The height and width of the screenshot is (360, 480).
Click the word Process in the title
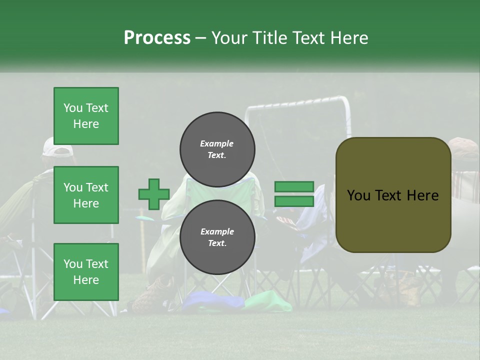point(157,38)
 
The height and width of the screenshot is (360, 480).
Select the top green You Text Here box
point(86,116)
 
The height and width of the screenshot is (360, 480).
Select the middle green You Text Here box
point(86,195)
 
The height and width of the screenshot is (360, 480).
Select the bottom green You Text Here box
point(86,271)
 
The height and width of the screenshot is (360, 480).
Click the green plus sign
point(154,194)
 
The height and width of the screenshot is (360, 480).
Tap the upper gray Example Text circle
point(217,149)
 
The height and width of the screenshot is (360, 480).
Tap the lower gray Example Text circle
point(217,237)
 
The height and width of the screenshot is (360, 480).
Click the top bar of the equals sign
point(294,187)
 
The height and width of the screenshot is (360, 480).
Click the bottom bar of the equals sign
point(294,201)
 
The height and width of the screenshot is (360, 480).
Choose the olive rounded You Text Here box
point(393,195)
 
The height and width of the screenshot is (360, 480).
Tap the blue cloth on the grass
point(210,301)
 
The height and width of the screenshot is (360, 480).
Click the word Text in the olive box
point(393,195)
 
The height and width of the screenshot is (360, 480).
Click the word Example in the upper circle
point(216,143)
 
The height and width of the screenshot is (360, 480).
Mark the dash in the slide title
point(200,38)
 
